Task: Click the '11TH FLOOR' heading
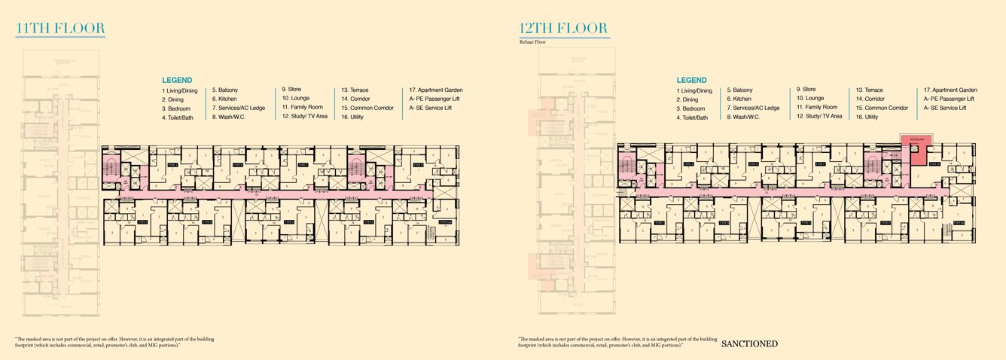(60, 29)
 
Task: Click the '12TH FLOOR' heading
(563, 29)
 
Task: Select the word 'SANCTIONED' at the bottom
(749, 344)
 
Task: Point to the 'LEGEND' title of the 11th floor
(177, 80)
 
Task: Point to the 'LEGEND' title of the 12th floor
(691, 80)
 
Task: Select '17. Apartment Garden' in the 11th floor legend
(436, 90)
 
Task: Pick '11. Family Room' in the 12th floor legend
(817, 107)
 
